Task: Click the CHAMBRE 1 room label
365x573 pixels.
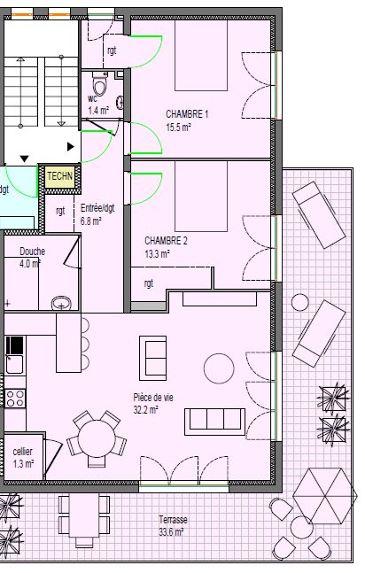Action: click(187, 114)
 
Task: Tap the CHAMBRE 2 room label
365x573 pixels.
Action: click(166, 241)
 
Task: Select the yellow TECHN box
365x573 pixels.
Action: click(60, 176)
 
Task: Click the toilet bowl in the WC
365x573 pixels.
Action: click(100, 85)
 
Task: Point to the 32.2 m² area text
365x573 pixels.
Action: click(145, 410)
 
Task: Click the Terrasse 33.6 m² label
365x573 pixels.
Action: click(173, 526)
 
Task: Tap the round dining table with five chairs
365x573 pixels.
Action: click(97, 438)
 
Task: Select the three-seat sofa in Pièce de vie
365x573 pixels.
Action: click(214, 422)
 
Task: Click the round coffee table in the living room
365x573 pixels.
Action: click(219, 368)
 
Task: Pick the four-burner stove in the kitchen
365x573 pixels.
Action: click(15, 399)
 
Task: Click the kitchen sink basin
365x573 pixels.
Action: click(15, 365)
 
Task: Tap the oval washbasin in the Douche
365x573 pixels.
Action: click(61, 303)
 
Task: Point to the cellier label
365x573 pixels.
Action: click(22, 452)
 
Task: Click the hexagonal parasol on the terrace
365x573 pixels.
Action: click(323, 496)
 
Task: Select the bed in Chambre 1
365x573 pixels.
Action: click(201, 56)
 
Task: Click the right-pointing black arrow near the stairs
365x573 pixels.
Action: click(71, 147)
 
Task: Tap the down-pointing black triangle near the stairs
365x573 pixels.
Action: click(24, 159)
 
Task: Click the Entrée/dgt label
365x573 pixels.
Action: click(97, 208)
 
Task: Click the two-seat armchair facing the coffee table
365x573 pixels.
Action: click(153, 358)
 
